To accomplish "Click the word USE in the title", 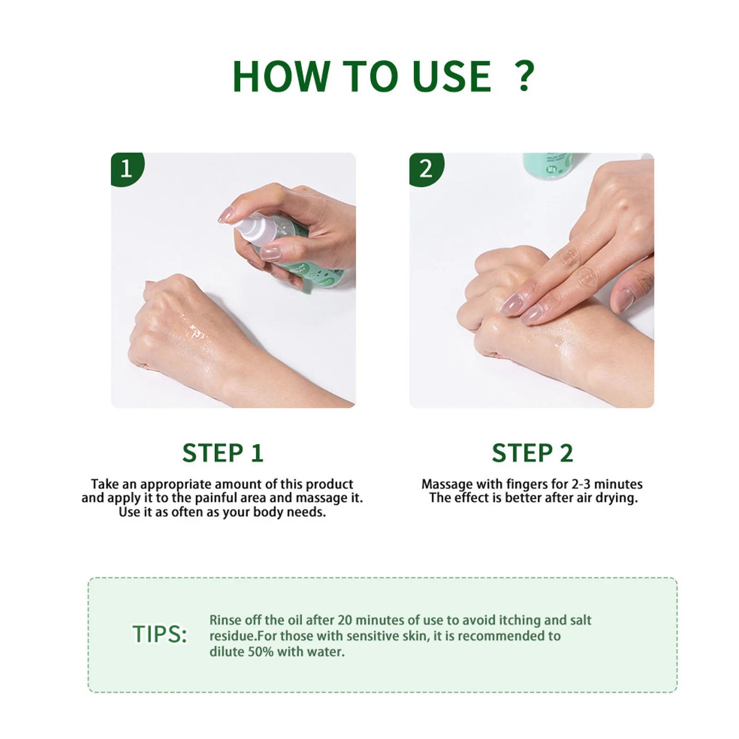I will [452, 77].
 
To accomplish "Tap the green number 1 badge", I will [126, 168].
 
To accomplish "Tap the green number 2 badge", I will [426, 168].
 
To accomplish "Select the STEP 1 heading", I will [222, 453].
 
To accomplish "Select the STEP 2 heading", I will [532, 453].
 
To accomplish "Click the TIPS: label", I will [160, 634].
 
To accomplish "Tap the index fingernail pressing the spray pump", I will [226, 214].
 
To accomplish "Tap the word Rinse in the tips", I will [225, 620].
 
